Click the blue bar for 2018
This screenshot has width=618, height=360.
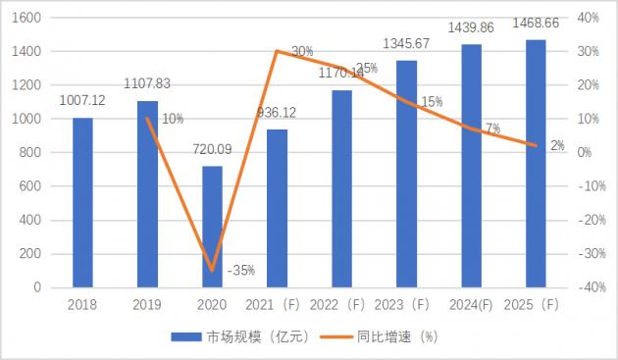(x=82, y=203)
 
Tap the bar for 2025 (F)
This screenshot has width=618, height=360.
(x=536, y=164)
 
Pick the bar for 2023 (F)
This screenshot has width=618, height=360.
(x=406, y=174)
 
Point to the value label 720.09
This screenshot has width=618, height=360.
(x=212, y=154)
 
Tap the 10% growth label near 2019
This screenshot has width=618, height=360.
(x=172, y=119)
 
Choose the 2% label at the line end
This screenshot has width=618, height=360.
(x=557, y=146)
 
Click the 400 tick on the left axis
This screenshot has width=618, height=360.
(x=30, y=221)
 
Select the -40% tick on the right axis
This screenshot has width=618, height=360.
(x=589, y=287)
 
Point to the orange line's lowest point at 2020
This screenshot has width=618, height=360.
(x=212, y=271)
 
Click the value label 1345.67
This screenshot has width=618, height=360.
(x=405, y=44)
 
